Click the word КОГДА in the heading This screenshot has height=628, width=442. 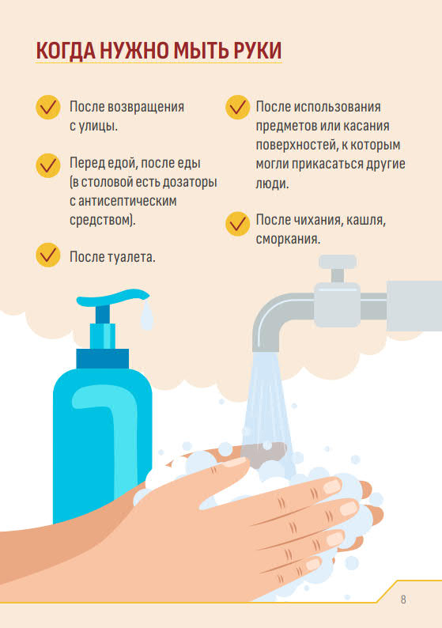click(66, 51)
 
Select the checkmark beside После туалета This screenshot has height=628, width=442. click(48, 255)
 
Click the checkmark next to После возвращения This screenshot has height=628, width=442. click(48, 107)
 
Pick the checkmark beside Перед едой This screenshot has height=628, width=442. click(48, 165)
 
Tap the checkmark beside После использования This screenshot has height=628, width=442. click(238, 107)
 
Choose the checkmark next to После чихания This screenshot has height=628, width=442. click(238, 224)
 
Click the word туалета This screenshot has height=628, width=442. click(132, 257)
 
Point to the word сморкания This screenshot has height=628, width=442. click(288, 240)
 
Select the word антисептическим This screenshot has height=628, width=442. click(127, 201)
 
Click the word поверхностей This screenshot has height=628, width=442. click(297, 145)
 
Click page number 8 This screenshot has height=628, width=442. click(403, 600)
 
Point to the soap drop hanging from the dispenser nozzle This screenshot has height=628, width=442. click(146, 316)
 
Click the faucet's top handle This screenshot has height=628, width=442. click(338, 262)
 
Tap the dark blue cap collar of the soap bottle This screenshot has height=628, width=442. click(103, 358)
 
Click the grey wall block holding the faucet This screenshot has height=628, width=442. click(414, 306)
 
